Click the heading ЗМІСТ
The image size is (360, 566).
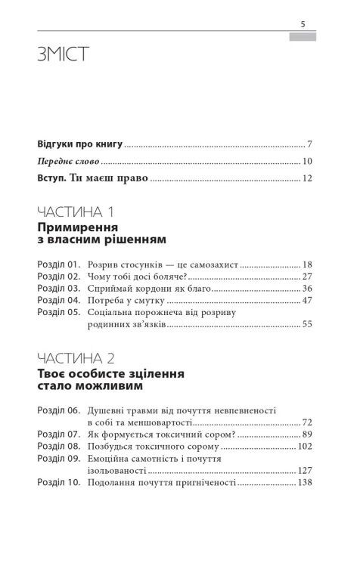click(62, 55)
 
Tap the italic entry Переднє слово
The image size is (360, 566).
click(67, 161)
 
